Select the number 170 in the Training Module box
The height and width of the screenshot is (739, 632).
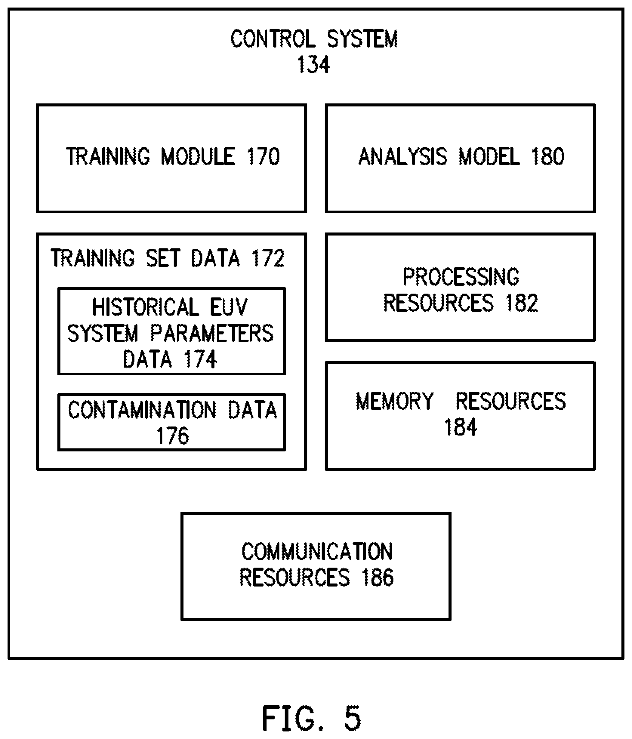[x=263, y=157]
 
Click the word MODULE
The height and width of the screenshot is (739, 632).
[x=198, y=157]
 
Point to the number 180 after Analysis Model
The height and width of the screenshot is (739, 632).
[x=548, y=157]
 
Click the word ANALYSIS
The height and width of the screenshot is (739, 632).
[x=402, y=157]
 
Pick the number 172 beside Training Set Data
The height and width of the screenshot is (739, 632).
[x=268, y=258]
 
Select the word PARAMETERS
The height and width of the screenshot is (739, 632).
[x=212, y=333]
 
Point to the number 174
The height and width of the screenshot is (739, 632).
[x=200, y=359]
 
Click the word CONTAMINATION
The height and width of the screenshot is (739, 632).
[x=142, y=410]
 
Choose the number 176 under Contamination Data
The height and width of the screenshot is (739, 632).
[x=172, y=436]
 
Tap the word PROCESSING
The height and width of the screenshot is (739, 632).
[x=461, y=277]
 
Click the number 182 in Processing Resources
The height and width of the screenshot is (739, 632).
[x=521, y=303]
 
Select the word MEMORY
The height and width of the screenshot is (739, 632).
[x=395, y=401]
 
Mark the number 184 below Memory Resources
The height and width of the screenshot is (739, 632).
[x=460, y=427]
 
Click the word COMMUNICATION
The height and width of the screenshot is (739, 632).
[x=317, y=552]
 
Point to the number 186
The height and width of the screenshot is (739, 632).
[x=377, y=577]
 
